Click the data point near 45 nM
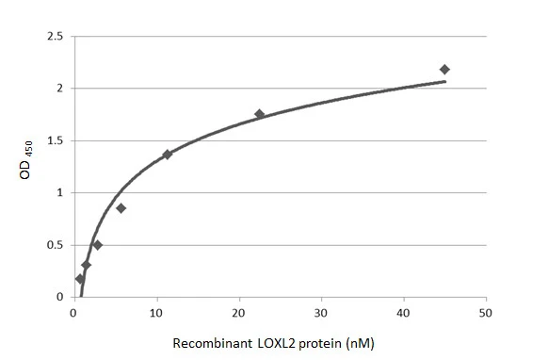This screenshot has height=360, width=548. click(x=444, y=70)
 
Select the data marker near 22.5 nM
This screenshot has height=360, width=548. click(x=260, y=114)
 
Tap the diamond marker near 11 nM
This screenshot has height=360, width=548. click(x=168, y=154)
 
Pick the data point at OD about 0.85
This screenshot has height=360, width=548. click(x=121, y=208)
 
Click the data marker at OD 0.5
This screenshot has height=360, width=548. click(x=97, y=245)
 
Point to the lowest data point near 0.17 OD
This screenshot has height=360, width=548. click(x=80, y=279)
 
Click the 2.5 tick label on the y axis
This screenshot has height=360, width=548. click(x=55, y=37)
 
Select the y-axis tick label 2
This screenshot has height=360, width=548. click(x=60, y=89)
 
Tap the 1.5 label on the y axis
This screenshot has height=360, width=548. click(x=55, y=141)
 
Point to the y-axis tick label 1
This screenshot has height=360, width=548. click(x=60, y=193)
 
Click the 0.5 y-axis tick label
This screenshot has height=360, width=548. click(x=55, y=245)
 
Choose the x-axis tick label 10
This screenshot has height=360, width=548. click(x=156, y=314)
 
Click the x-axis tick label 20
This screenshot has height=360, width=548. click(x=238, y=314)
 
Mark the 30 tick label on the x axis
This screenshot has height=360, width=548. click(x=321, y=314)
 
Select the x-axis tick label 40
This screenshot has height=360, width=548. click(x=403, y=314)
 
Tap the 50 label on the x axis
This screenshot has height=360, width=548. click(x=486, y=314)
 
